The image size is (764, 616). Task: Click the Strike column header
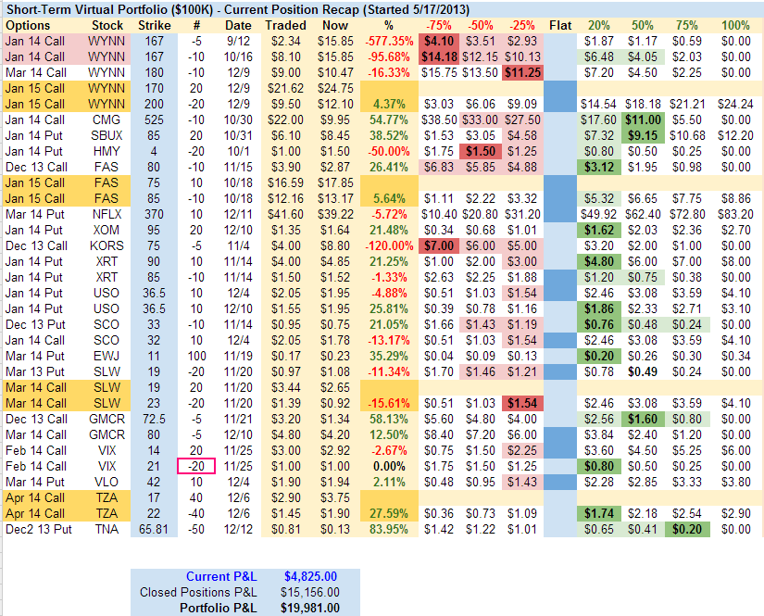click(x=154, y=25)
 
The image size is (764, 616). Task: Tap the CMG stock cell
click(x=107, y=119)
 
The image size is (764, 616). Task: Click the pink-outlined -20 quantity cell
click(x=195, y=466)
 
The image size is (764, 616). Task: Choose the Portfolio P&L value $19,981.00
click(x=309, y=608)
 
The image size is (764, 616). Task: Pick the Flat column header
click(x=559, y=25)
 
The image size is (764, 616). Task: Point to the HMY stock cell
click(x=107, y=151)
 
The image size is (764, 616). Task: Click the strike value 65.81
click(x=154, y=529)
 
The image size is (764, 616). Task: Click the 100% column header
click(x=735, y=25)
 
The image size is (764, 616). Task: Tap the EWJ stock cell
click(x=107, y=356)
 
